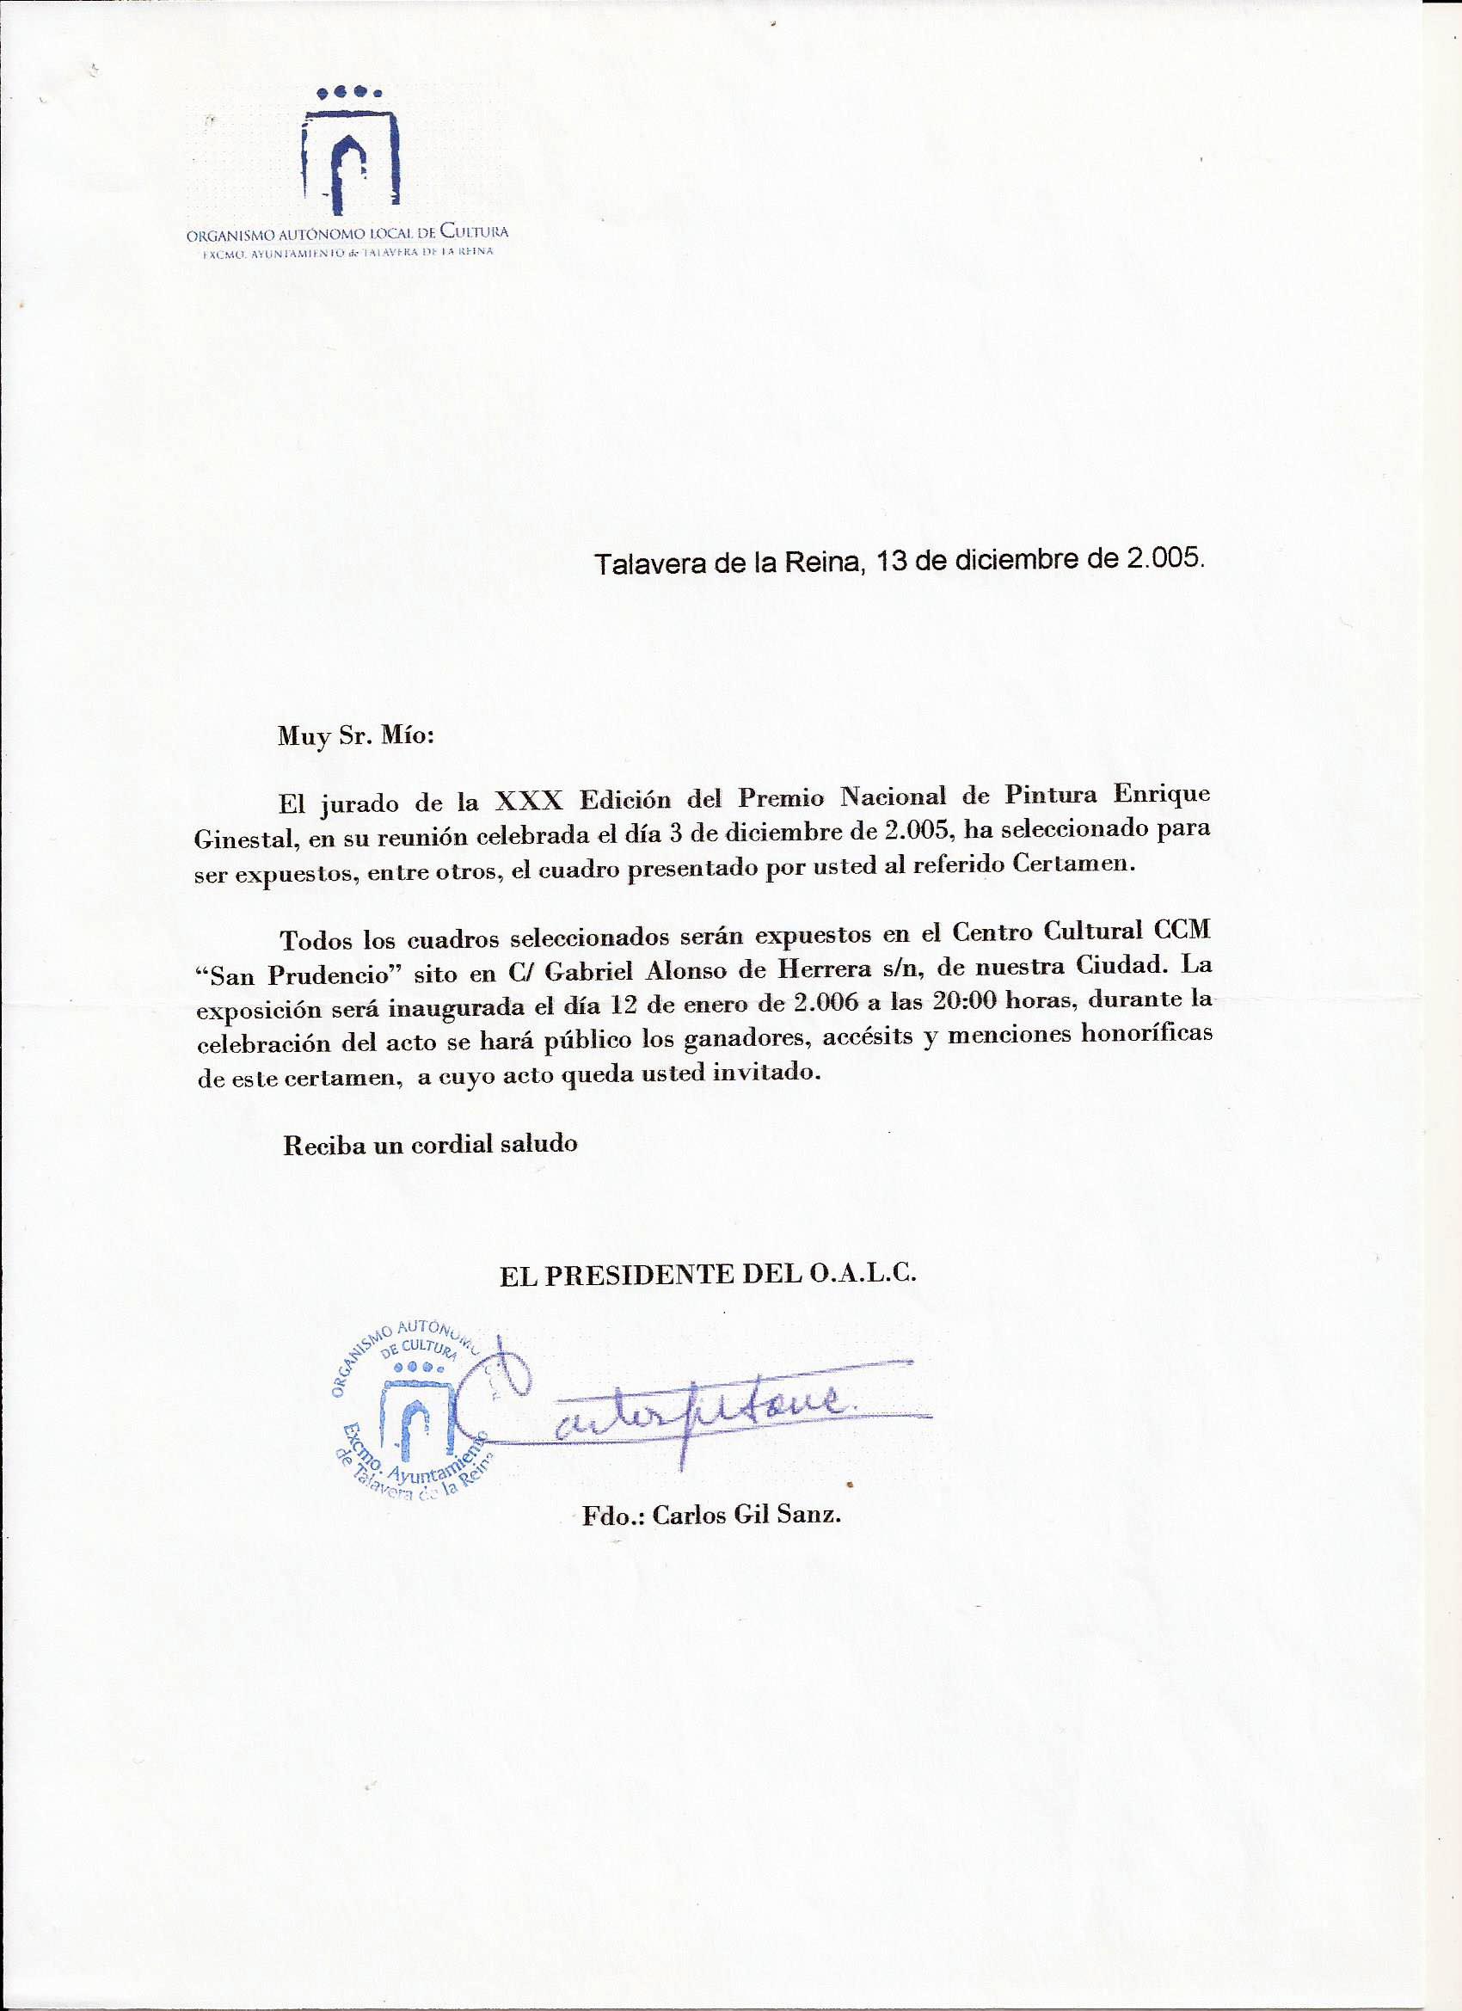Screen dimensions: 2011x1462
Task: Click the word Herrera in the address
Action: pos(820,970)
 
